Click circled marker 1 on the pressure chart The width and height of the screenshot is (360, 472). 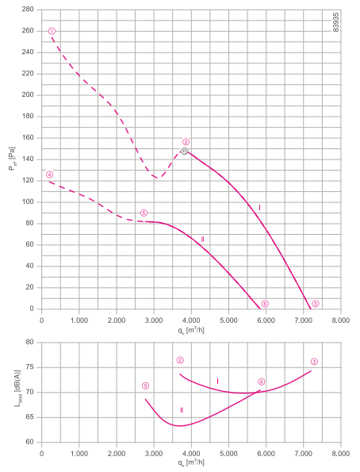click(52, 31)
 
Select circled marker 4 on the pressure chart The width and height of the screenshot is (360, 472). click(49, 175)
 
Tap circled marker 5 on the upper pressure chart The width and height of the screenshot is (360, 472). click(144, 213)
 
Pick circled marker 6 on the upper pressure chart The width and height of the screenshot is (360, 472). click(265, 304)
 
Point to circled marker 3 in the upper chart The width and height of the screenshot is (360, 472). click(315, 304)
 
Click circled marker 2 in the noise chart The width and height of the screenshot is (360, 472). click(180, 360)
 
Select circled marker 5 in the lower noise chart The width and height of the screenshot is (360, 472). click(145, 386)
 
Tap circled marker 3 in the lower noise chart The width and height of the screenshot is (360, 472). click(314, 362)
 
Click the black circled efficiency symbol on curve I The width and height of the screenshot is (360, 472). click(185, 151)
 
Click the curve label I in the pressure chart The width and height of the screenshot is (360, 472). click(259, 207)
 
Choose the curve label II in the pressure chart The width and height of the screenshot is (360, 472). click(202, 240)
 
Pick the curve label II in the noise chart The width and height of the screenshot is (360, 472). click(182, 410)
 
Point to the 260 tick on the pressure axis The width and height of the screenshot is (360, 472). click(28, 31)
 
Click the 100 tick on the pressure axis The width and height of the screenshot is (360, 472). click(28, 202)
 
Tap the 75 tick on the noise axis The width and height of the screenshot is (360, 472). click(30, 367)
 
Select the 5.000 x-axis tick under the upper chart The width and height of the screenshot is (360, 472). click(228, 320)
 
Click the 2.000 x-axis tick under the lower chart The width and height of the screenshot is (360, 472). click(117, 453)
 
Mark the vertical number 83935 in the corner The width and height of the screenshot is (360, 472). click(336, 22)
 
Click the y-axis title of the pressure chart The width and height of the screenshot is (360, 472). click(12, 159)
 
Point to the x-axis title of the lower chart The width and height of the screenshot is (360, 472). click(191, 462)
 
